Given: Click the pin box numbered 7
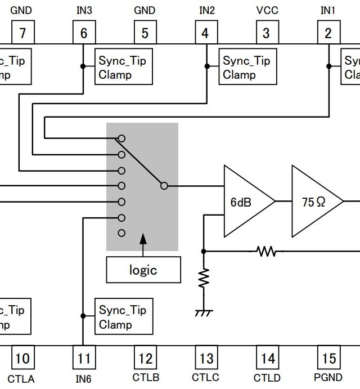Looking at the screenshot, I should coord(22,33).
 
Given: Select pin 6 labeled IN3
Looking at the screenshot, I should coord(83,33).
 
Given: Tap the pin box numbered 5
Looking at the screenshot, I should coord(145,33).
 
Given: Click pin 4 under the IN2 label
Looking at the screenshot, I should coord(205,33).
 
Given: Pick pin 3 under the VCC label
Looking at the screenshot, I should coord(267,33).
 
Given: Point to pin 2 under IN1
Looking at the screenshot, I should coord(328,33).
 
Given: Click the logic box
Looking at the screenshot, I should coord(143,270).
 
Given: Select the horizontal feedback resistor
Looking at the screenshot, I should coord(266,251).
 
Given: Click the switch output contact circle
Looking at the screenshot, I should coord(164,185).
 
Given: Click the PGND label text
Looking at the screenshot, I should coord(328,377).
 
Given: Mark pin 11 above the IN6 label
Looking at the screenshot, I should coord(83,357).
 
